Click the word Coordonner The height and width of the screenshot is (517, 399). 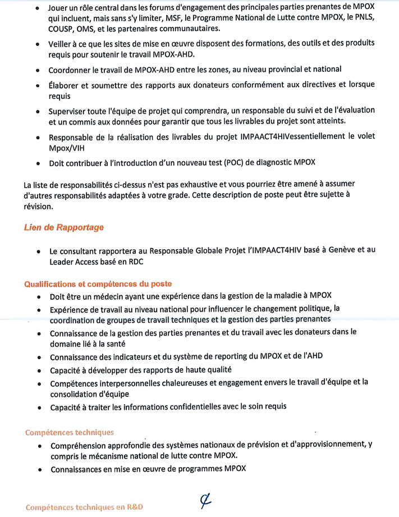pyautogui.click(x=71, y=70)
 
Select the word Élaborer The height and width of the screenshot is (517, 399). pyautogui.click(x=66, y=85)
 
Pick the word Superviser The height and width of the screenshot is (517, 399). pyautogui.click(x=69, y=111)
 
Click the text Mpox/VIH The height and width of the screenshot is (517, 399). pyautogui.click(x=66, y=147)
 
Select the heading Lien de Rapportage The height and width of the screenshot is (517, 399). pyautogui.click(x=63, y=227)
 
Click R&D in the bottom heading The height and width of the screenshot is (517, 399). pyautogui.click(x=133, y=507)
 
